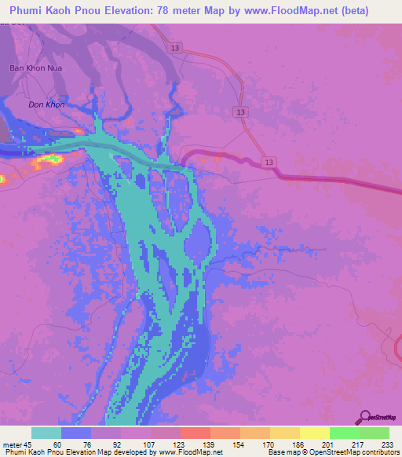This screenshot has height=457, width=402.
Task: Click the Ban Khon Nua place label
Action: (x=35, y=68)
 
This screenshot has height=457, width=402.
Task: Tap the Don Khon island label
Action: (x=46, y=104)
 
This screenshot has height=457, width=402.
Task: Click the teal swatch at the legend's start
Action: (x=46, y=433)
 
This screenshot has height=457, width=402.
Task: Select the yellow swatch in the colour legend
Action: (x=314, y=433)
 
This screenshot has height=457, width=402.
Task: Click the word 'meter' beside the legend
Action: (x=12, y=444)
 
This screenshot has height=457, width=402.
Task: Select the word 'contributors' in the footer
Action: (x=379, y=452)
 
